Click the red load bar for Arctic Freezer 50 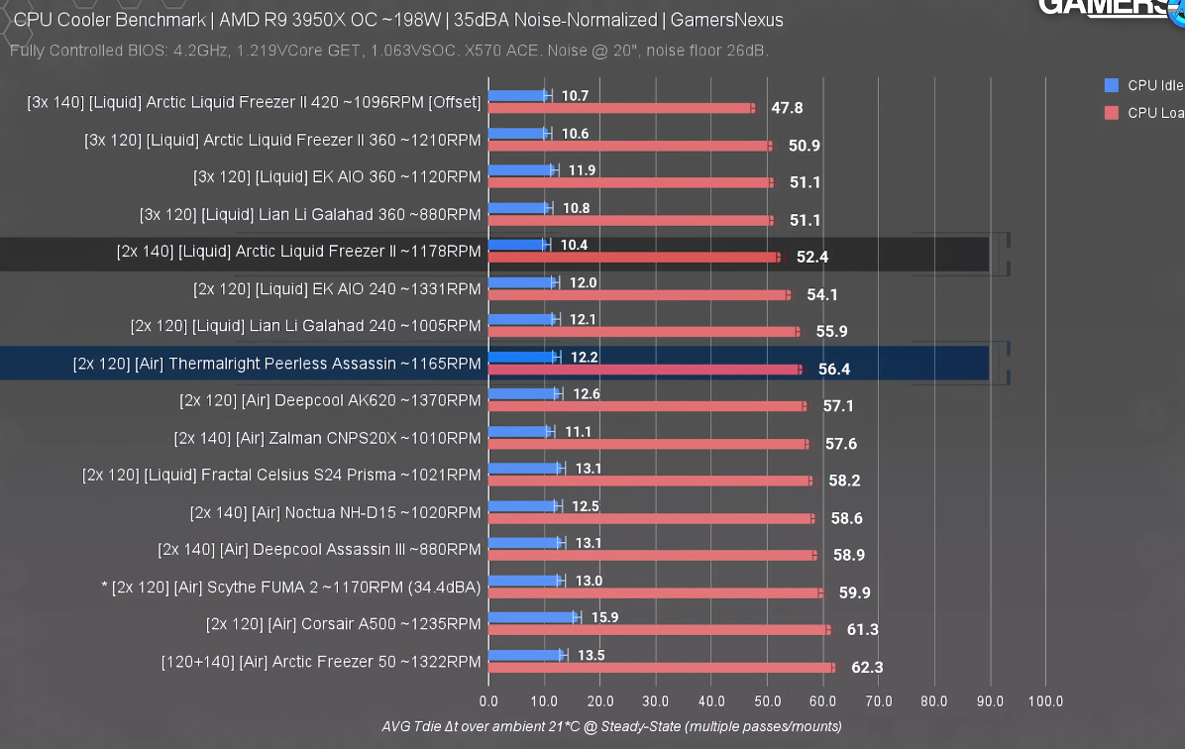(x=661, y=668)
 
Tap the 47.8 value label (x=787, y=108)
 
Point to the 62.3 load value (x=866, y=668)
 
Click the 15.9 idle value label (x=603, y=617)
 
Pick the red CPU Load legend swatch (x=1111, y=113)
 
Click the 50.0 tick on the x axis (x=767, y=701)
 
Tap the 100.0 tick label (x=1045, y=701)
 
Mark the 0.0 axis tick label (x=488, y=701)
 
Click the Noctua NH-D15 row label (x=335, y=512)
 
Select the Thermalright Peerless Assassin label (x=276, y=364)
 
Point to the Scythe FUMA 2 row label (x=291, y=587)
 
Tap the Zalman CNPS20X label (x=327, y=438)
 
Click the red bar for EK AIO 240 (x=639, y=295)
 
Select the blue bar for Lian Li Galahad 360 (x=518, y=208)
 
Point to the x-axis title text (x=611, y=726)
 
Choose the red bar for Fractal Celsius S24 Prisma (x=650, y=481)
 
